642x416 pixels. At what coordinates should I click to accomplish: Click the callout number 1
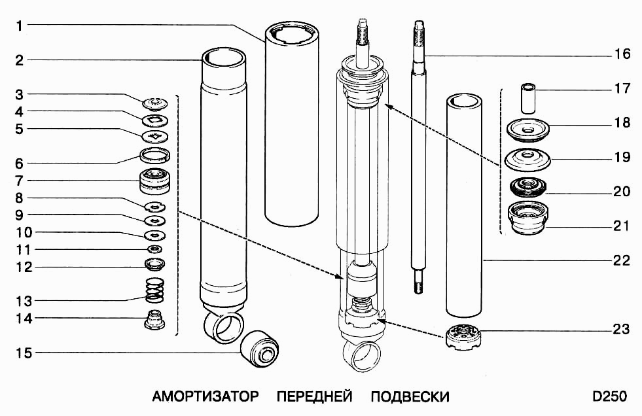(20, 26)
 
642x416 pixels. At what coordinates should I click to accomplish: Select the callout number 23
(622, 330)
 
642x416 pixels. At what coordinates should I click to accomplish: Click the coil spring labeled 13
(155, 290)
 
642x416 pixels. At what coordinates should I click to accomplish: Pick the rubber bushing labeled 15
(260, 346)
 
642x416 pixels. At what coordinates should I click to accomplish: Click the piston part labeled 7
(156, 181)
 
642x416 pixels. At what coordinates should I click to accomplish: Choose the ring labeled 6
(156, 156)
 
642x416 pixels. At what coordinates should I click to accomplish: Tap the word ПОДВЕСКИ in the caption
(410, 397)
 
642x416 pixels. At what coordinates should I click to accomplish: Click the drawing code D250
(609, 397)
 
